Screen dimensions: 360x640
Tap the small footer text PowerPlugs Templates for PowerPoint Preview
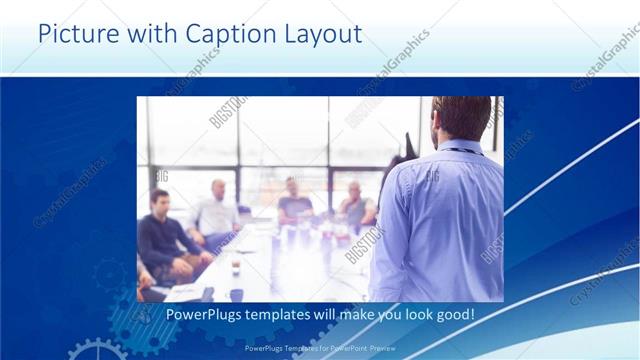pyautogui.click(x=319, y=348)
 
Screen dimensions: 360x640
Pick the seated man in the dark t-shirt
pyautogui.click(x=295, y=200)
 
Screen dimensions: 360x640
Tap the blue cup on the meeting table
pyautogui.click(x=236, y=294)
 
